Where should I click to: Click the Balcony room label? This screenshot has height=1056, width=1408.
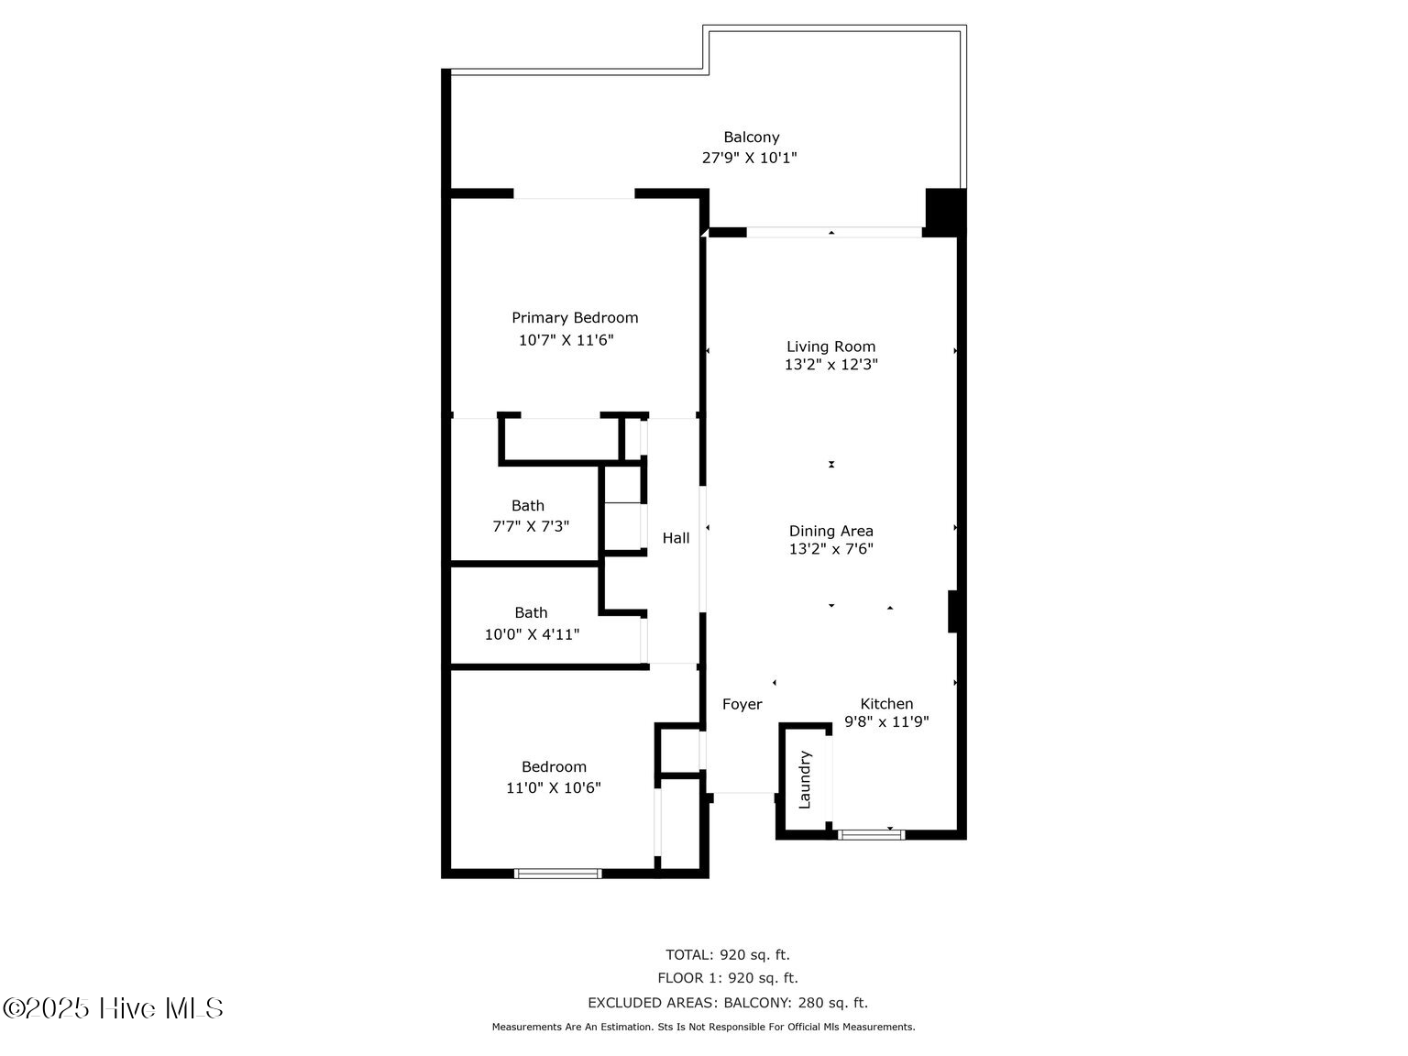click(751, 137)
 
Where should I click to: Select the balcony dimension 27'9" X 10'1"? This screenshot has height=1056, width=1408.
click(749, 158)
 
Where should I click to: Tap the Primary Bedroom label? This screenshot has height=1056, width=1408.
click(575, 318)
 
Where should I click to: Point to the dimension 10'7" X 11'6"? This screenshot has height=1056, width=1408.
click(566, 340)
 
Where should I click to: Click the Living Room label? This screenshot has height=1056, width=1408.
click(830, 346)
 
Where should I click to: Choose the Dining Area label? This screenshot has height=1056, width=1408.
click(830, 531)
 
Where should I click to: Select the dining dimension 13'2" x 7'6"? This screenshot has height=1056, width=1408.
click(830, 549)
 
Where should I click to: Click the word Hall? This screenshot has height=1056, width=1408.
click(676, 538)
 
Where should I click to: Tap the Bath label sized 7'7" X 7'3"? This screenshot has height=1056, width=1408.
click(528, 506)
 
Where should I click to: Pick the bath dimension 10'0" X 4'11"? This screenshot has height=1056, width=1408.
click(532, 634)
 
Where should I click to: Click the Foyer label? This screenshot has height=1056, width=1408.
click(742, 704)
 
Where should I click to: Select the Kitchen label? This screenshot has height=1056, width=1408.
click(886, 704)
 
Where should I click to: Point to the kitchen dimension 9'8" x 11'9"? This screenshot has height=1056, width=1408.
click(886, 721)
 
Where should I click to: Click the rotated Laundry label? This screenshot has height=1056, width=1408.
click(805, 779)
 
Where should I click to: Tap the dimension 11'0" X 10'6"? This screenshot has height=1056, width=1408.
click(554, 787)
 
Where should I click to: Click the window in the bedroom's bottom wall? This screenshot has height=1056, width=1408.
click(558, 874)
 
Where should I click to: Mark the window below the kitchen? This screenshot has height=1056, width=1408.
click(871, 834)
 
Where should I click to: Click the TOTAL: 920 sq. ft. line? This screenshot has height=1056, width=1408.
click(727, 955)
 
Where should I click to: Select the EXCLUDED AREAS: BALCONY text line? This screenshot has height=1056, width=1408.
click(727, 1003)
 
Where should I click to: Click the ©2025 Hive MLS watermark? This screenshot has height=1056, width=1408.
click(113, 1008)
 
